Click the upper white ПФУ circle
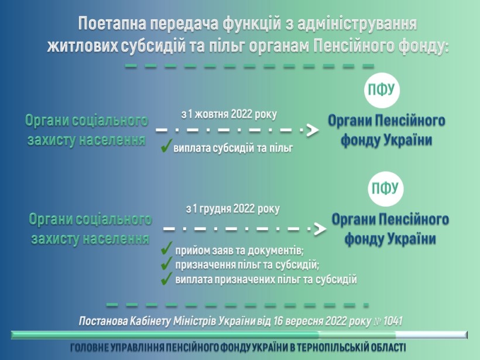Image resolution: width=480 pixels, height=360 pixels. [382, 90]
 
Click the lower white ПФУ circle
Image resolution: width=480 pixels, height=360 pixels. [385, 188]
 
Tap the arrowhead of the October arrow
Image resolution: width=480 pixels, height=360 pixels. [312, 130]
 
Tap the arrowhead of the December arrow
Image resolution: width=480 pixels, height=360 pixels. [320, 229]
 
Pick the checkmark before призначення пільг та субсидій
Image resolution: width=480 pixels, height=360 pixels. [166, 263]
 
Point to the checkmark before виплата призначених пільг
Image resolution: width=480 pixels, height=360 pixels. [166, 278]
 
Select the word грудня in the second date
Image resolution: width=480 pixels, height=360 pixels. [216, 209]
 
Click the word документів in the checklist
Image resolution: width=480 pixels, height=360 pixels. [276, 251]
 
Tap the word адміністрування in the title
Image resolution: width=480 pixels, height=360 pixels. [358, 24]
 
